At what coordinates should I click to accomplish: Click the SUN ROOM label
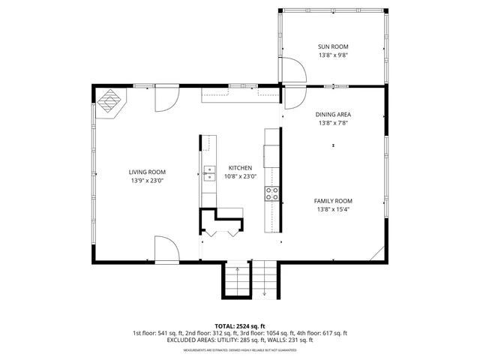coord(334,46)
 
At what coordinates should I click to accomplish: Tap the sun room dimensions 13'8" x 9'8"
coord(334,55)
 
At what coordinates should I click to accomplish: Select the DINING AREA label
coord(334,114)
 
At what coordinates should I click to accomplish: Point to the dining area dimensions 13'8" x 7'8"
coord(334,123)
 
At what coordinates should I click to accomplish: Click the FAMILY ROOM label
coord(334,201)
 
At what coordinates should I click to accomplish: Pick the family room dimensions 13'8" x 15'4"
coord(334,209)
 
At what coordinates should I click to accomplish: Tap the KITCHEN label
coord(240,168)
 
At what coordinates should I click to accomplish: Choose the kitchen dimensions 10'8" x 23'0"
coord(240,176)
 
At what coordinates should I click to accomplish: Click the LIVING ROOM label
coord(147,172)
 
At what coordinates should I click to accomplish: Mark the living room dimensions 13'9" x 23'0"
coord(147,180)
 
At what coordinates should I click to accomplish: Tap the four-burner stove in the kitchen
coord(272,194)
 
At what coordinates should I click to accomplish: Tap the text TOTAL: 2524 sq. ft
coord(239,326)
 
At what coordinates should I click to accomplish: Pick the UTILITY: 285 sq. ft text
coord(237,340)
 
